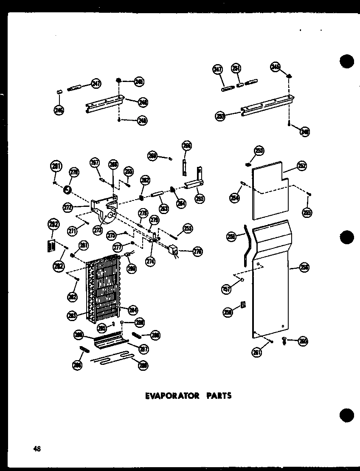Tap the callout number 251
pos(236,68)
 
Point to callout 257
pos(227,289)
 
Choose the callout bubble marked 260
pos(303,341)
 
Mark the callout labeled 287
pos(144,349)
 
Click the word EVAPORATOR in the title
pos(172,395)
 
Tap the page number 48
pos(37,449)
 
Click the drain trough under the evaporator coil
pos(110,342)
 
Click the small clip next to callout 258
pos(243,305)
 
